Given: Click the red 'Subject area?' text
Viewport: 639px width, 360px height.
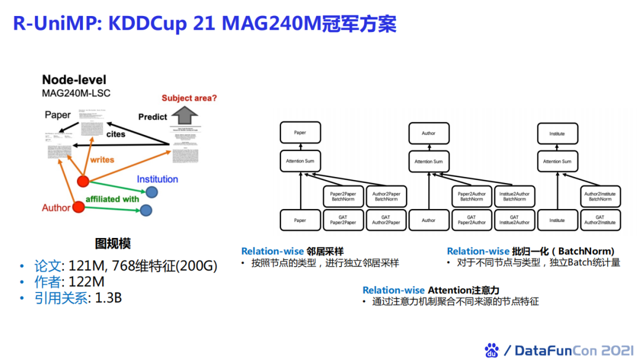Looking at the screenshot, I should [x=189, y=98].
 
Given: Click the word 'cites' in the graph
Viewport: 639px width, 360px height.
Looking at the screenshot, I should [x=116, y=134].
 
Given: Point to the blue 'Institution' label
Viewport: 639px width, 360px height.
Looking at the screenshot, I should [x=157, y=179].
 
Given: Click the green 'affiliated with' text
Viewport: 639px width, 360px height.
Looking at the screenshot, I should [x=112, y=199].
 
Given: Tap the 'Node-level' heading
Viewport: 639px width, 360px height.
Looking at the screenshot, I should [x=74, y=80].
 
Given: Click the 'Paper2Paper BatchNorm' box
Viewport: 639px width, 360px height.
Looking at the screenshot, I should [x=343, y=196].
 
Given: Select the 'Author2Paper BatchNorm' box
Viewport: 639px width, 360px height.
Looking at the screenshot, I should [x=386, y=196].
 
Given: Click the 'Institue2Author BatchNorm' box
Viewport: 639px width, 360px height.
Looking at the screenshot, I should [x=514, y=196].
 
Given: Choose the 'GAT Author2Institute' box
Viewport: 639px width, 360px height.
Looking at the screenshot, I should [x=599, y=220].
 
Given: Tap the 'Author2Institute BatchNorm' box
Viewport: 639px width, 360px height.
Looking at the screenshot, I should [x=599, y=196].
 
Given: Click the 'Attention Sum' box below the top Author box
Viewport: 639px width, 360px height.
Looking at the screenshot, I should [x=428, y=161].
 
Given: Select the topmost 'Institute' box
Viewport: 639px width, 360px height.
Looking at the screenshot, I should [x=557, y=133].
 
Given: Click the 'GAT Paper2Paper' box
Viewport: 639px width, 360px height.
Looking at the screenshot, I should [x=343, y=220].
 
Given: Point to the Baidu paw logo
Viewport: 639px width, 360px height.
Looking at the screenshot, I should [x=492, y=350].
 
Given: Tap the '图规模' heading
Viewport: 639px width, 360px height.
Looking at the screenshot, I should [x=113, y=243].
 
